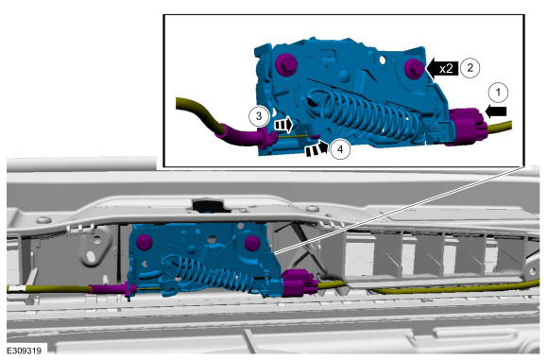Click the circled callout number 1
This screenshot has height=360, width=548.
tap(498, 93)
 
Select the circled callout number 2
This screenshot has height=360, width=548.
tap(471, 67)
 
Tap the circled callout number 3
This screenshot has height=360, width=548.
tap(259, 115)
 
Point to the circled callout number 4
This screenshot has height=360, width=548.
tap(340, 149)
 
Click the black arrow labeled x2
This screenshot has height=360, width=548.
tap(442, 69)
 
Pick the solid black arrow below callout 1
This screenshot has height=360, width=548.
tap(496, 111)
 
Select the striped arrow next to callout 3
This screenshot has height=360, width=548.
tap(283, 125)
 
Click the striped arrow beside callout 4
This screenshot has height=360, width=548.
tap(317, 148)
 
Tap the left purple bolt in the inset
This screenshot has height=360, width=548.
tap(286, 65)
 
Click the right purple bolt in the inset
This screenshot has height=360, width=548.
tap(415, 69)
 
